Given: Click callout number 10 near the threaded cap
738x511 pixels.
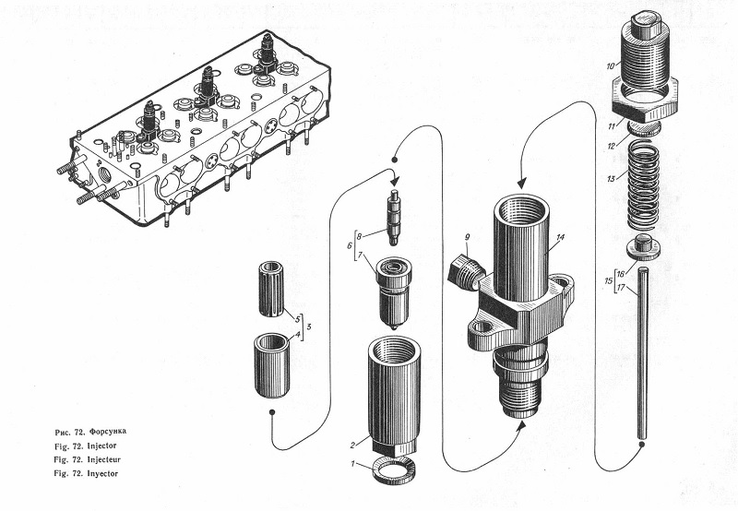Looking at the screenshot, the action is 610,66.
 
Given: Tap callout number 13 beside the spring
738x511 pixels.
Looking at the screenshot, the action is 611,179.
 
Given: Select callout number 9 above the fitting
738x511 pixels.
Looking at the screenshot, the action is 467,237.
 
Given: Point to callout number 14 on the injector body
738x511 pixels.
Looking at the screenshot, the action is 560,238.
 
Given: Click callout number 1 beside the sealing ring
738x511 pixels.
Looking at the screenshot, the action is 352,464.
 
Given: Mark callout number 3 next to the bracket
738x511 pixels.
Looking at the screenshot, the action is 308,327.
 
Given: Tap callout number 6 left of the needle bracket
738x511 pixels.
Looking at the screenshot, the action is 350,245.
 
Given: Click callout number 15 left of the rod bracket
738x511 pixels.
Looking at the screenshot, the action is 609,281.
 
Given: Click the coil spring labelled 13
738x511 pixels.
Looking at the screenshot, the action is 643,184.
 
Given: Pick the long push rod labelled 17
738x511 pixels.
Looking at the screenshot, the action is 642,352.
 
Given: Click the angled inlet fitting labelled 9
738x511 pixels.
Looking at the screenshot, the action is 466,272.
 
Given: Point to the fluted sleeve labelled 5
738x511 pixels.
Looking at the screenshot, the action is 271,289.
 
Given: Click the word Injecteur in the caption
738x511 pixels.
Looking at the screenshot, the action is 103,459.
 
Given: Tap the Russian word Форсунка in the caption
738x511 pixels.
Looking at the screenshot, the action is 108,431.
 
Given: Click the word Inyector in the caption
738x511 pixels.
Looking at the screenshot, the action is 102,473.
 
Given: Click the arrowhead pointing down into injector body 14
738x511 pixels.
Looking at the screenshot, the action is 521,183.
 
